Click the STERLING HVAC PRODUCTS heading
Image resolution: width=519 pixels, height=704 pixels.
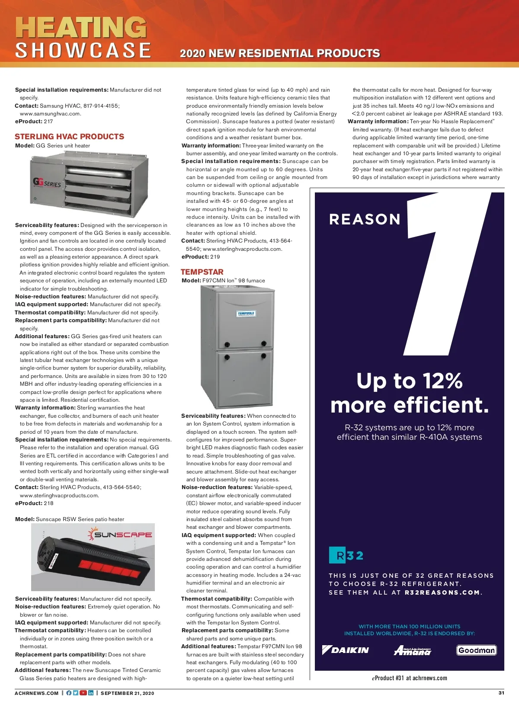point(69,137)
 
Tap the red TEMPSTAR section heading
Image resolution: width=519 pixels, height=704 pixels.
point(202,272)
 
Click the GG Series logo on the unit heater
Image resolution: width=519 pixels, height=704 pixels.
point(47,183)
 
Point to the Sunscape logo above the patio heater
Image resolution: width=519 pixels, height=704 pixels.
point(121,534)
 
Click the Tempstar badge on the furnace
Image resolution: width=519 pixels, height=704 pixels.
point(246,314)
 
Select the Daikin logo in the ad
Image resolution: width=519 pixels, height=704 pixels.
point(346,650)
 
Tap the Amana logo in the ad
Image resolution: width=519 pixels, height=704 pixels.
point(413,650)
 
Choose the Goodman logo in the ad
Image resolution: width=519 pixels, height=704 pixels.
point(476,650)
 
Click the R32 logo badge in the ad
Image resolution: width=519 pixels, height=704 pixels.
point(346,555)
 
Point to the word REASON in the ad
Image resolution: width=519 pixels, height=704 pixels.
point(365,219)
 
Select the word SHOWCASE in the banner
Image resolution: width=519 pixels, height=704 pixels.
point(83,50)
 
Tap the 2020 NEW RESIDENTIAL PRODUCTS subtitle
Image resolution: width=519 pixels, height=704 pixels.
point(279,53)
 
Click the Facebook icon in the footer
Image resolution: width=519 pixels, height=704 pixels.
point(69,693)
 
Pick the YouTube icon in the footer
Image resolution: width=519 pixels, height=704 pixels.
point(83,693)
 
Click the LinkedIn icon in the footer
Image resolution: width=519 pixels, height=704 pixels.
point(91,693)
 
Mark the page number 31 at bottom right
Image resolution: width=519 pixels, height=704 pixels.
point(501,693)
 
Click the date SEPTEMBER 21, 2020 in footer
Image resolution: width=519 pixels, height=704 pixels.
point(127,693)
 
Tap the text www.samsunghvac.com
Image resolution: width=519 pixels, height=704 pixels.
point(50,114)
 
